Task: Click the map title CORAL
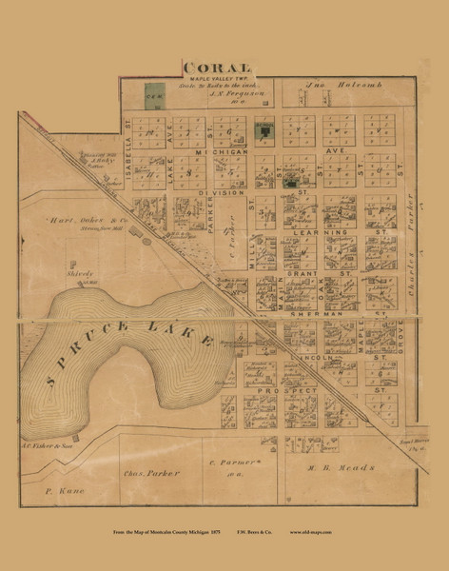coord(217,67)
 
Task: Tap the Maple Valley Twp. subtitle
coord(217,78)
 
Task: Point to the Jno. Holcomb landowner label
coord(342,86)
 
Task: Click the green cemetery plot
coord(151,95)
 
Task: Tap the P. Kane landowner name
coord(65,491)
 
